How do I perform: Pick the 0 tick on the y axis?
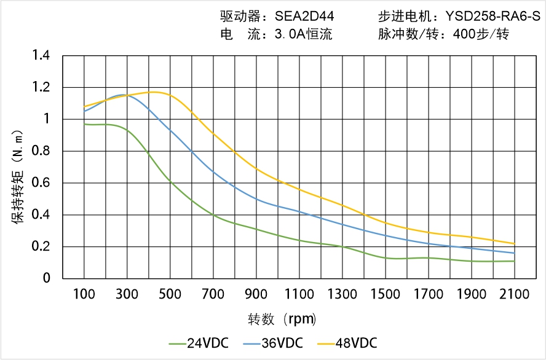pos(47,279)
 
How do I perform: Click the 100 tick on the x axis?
pos(84,294)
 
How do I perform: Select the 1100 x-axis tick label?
pos(299,294)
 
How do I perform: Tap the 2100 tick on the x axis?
pos(514,294)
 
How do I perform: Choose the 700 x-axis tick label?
pos(213,294)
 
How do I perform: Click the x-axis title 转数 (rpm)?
pos(282,319)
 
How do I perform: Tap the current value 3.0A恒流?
pos(303,34)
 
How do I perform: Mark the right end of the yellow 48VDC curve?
pos(514,243)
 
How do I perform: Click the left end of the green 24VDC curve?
pos(84,124)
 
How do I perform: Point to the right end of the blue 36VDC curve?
pos(514,253)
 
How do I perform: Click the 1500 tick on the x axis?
pos(386,294)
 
